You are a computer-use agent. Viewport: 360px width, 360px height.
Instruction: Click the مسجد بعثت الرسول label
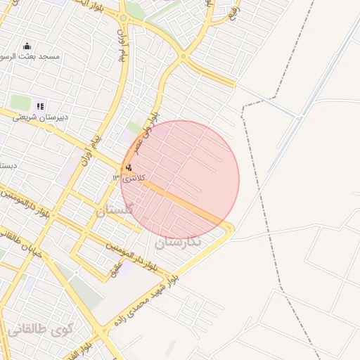[x=30, y=56]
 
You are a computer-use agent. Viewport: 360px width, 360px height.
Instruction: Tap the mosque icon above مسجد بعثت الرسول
[x=27, y=46]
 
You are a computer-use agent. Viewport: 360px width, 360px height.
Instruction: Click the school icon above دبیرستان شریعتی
[x=40, y=107]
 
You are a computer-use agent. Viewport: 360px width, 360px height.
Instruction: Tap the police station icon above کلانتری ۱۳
[x=128, y=167]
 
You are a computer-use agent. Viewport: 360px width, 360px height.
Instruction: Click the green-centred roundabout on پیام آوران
[x=122, y=18]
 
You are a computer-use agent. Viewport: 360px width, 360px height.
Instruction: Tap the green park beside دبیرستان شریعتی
[x=20, y=103]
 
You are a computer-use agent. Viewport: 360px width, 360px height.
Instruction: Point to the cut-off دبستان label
[x=6, y=166]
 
